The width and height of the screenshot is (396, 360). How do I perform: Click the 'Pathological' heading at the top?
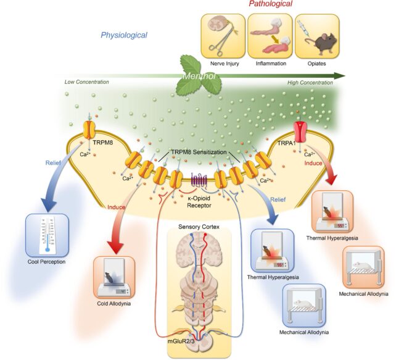270,5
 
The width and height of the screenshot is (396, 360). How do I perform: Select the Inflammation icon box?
268,37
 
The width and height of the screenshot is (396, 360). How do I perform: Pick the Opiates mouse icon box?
316,37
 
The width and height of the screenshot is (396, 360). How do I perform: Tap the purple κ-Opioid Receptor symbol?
198,182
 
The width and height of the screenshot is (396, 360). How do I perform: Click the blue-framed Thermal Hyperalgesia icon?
273,251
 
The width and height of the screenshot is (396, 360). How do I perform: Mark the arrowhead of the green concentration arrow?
339,75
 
